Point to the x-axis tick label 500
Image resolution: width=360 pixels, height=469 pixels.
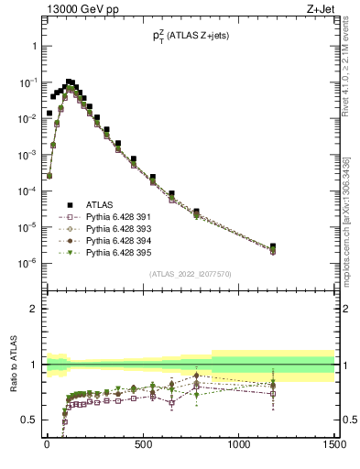click(x=143, y=445)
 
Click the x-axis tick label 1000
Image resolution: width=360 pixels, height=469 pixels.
click(x=239, y=445)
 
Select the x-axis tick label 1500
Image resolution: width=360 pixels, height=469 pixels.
click(x=334, y=445)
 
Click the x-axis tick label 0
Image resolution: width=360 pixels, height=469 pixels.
click(x=47, y=445)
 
